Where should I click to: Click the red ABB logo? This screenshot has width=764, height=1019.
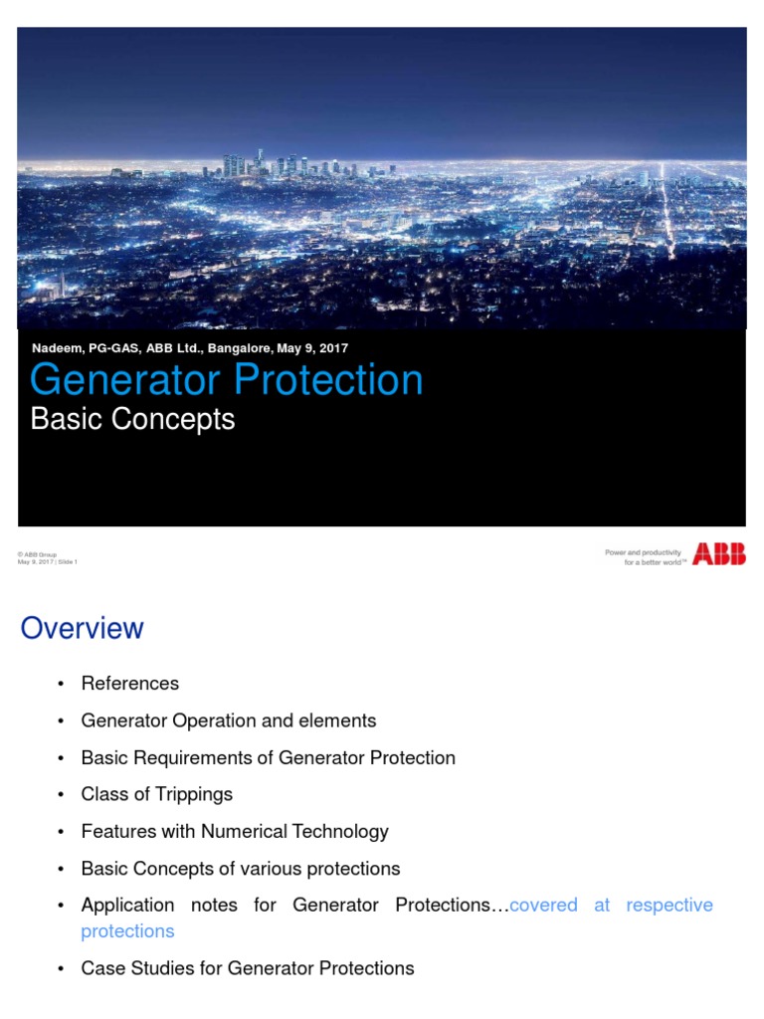coord(718,554)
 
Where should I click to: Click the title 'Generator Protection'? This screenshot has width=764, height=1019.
coord(227,381)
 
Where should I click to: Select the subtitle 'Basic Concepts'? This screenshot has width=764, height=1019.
coord(132,419)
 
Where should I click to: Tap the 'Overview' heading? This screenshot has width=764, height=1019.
coord(83,628)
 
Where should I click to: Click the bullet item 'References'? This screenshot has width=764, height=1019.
coord(130,684)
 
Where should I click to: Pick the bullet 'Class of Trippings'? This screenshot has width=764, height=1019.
coord(157,794)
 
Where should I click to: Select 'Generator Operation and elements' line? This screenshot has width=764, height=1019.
coord(229,720)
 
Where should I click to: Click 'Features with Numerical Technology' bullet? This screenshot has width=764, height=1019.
coord(235,831)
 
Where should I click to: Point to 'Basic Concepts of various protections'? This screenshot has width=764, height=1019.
coord(241,869)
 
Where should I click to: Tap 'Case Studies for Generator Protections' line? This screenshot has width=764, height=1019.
coord(248,968)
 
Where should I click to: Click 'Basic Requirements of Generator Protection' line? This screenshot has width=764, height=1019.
coord(269,757)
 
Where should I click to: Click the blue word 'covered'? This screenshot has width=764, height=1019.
coord(543,906)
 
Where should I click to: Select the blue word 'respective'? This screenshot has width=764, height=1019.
coord(669,906)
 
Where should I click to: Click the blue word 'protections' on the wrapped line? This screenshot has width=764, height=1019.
coord(127,931)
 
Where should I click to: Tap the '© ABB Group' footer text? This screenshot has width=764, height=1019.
coord(38,553)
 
